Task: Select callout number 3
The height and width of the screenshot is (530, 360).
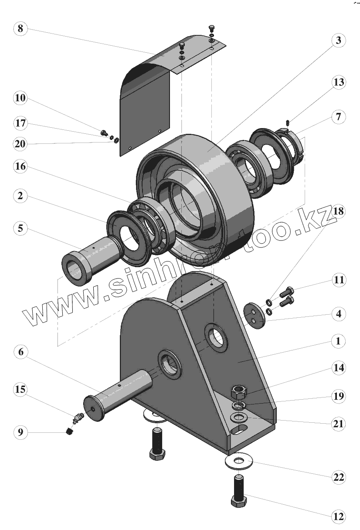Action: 338,41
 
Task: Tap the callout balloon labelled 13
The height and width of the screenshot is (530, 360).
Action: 338,82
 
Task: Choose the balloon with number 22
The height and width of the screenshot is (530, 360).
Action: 338,477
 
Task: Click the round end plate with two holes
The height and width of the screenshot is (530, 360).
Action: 254,314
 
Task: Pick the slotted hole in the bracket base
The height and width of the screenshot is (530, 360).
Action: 239,431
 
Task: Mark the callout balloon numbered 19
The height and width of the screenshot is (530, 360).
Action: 338,397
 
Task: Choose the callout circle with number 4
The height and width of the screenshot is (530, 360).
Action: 338,313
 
